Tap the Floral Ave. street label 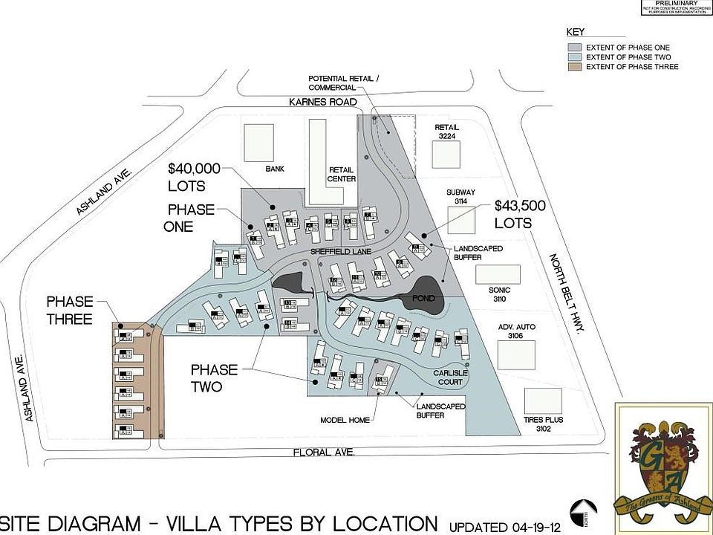324,452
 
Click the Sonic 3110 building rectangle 498,274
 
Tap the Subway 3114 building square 462,221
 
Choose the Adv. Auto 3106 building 515,354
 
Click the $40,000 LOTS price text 197,177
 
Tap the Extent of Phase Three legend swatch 574,67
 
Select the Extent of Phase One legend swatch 574,48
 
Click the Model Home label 345,420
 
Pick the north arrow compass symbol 583,512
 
